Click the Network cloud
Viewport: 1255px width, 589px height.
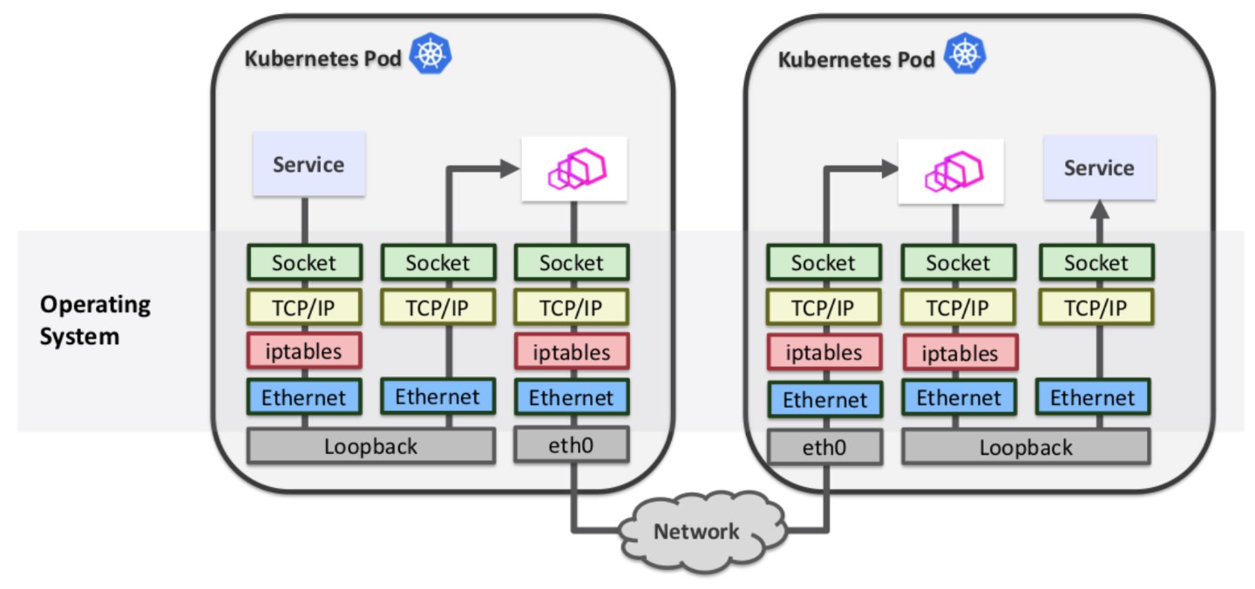point(696,530)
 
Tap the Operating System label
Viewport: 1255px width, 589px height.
point(95,320)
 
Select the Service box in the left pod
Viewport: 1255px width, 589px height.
point(309,164)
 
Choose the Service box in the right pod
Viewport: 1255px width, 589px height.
point(1099,167)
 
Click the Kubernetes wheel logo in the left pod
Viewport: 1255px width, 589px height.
point(431,54)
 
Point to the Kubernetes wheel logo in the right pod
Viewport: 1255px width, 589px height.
point(964,54)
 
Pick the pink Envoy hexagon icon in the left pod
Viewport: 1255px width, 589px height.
point(574,169)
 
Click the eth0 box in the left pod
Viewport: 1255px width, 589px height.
point(572,445)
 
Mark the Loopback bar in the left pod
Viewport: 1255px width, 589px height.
point(371,447)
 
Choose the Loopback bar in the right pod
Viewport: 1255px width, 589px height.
point(1026,448)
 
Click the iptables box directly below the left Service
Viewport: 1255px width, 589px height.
point(304,350)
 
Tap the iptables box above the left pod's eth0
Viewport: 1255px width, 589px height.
point(572,352)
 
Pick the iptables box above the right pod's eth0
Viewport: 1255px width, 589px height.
point(824,353)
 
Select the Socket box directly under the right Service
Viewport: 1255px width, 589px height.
point(1096,263)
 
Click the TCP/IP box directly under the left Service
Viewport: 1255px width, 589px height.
point(304,307)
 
